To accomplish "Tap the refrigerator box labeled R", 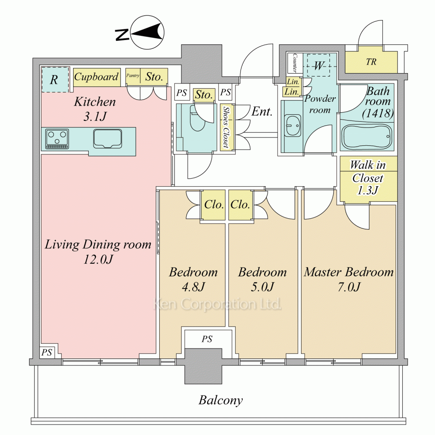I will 55,80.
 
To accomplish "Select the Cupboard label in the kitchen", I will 96,77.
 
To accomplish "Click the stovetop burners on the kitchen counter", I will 57,139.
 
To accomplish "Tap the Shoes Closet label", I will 225,127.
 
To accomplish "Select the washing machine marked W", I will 319,66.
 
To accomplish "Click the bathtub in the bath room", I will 367,136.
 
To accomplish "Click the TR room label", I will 371,62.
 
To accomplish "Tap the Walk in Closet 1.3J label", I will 368,178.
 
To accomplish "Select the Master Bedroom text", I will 348,273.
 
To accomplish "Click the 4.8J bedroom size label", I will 193,287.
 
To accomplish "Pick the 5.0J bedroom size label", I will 262,287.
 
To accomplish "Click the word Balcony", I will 221,400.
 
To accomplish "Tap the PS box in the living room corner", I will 47,352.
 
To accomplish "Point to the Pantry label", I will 133,76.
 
